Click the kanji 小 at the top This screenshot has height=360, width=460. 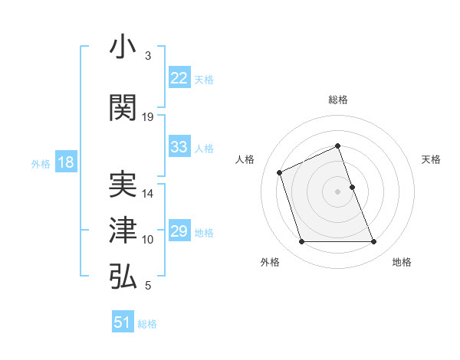123,48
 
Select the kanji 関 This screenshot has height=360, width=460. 123,109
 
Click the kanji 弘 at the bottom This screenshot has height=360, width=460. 123,277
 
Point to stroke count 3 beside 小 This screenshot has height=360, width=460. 147,56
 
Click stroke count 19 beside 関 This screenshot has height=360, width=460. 148,117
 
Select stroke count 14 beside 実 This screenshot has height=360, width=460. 148,194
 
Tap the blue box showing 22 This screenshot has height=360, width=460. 179,78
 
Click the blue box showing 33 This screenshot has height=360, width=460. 179,147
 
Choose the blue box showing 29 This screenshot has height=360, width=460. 179,231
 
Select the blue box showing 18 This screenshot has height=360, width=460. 65,162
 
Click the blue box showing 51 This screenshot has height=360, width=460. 123,322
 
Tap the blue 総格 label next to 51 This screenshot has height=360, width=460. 147,324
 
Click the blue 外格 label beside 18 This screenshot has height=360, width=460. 41,163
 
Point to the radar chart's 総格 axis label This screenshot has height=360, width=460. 337,100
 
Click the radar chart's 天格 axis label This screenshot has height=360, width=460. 431,159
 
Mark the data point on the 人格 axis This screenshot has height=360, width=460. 280,172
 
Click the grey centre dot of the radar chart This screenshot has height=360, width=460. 337,191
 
